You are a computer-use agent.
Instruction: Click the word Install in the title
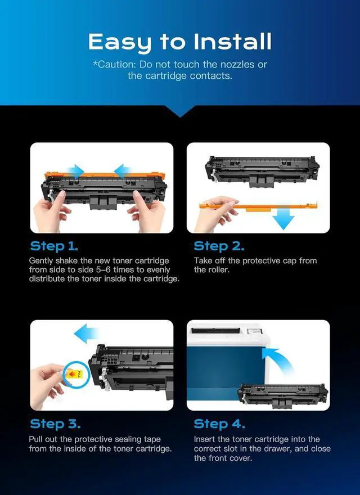[232, 42]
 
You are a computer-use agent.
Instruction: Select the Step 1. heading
[54, 246]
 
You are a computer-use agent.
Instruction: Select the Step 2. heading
[219, 246]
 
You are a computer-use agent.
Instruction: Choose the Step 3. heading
[55, 424]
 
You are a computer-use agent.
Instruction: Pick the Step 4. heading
[219, 424]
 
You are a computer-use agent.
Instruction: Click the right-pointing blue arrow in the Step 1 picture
[75, 171]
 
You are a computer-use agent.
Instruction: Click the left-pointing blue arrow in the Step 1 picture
[123, 171]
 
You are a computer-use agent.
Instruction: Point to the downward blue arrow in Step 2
[283, 218]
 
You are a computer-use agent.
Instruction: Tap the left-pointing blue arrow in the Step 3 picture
[86, 334]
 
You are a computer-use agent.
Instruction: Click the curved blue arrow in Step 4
[278, 360]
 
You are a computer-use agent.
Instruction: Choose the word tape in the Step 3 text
[151, 439]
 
